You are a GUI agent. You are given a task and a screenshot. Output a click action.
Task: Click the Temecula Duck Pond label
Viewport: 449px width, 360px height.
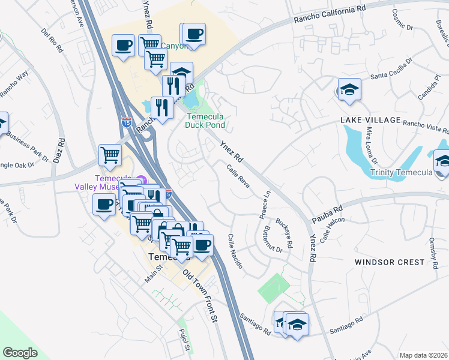pos(206,121)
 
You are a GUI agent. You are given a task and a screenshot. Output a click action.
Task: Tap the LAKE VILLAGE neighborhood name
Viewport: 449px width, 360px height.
pos(370,120)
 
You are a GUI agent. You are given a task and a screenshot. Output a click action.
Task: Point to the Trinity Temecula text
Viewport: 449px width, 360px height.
pos(402,173)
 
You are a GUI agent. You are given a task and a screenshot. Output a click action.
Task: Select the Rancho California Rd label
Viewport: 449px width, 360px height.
pos(330,15)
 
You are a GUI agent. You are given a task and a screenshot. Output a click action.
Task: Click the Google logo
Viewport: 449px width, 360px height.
pos(20,353)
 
